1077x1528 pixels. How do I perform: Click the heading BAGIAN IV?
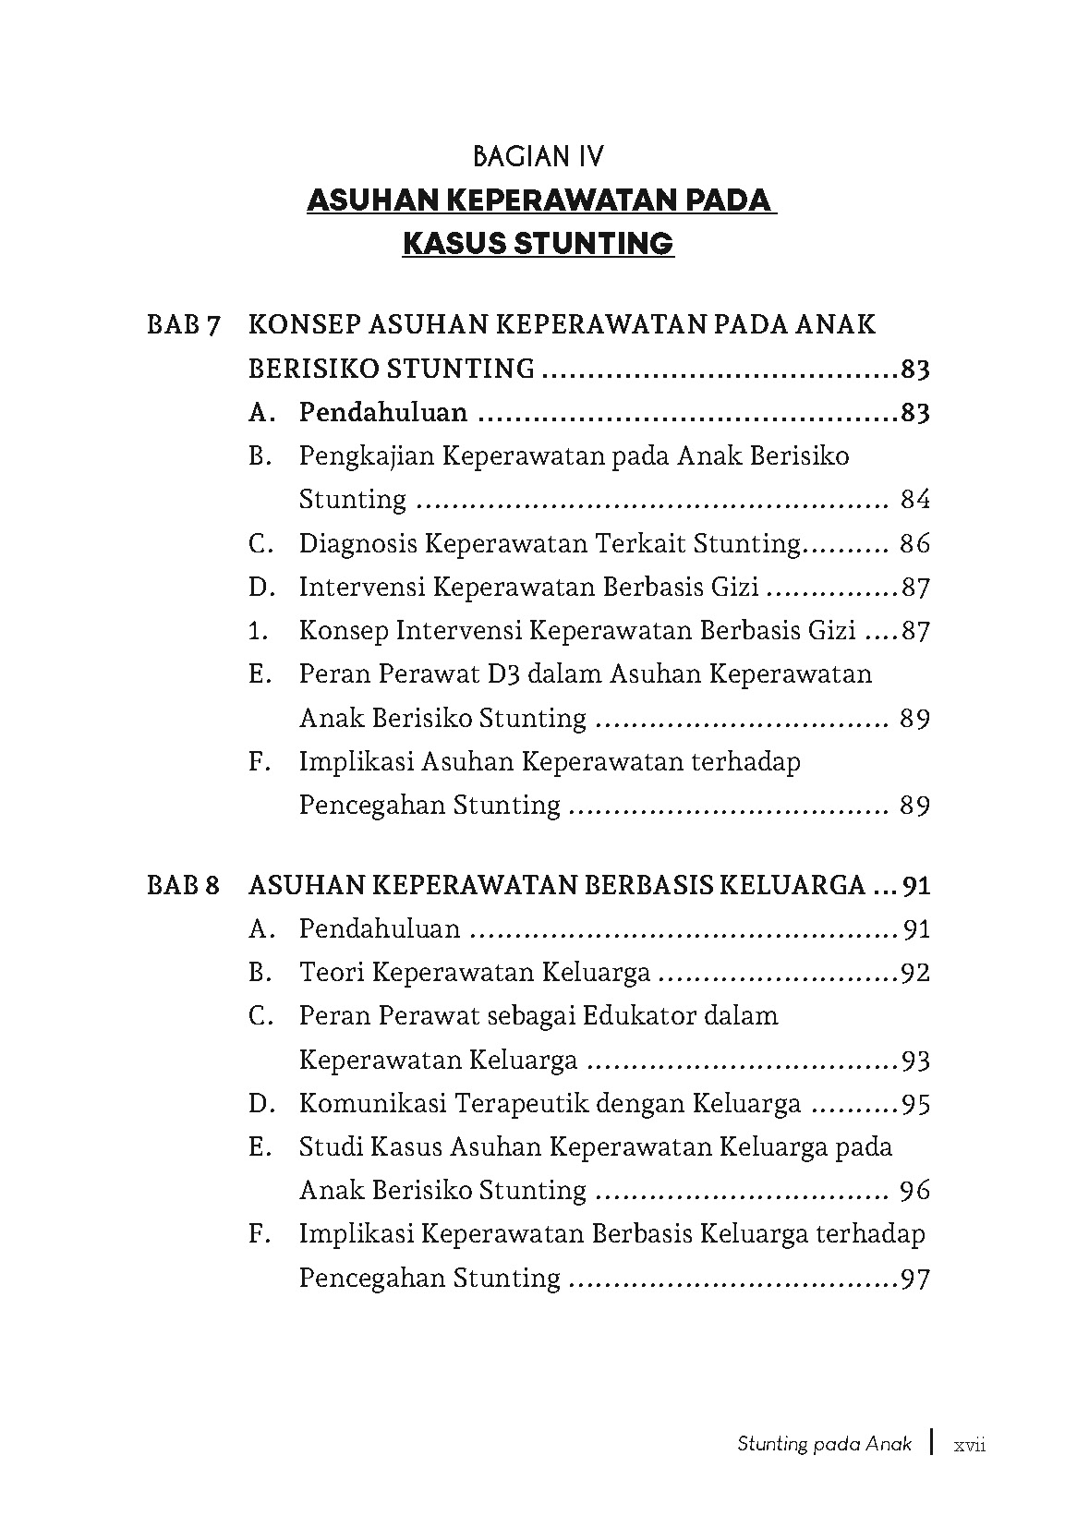click(538, 156)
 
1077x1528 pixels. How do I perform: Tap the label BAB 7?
click(184, 326)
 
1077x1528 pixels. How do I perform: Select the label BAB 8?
click(184, 886)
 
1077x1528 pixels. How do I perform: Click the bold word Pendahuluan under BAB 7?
click(382, 412)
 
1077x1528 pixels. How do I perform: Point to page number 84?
click(914, 500)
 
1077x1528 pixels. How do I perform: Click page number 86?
click(914, 543)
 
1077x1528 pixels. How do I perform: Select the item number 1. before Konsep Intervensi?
click(259, 631)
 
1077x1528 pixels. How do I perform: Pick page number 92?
click(914, 973)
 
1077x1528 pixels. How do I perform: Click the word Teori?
click(335, 973)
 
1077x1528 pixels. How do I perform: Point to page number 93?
click(914, 1061)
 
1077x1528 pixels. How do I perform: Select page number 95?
click(914, 1104)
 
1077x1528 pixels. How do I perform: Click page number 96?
click(914, 1191)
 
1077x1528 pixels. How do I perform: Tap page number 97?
click(914, 1279)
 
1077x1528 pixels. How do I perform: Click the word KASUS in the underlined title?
click(453, 244)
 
